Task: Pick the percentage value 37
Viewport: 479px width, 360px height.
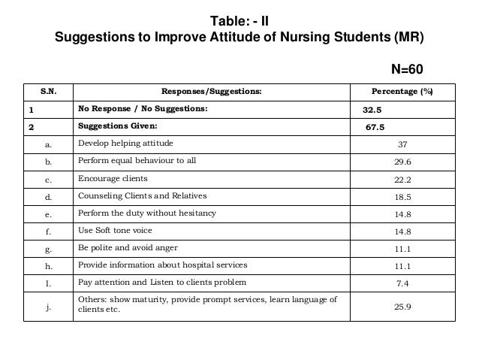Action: coord(402,145)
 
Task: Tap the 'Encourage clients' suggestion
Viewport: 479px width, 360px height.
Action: coord(113,179)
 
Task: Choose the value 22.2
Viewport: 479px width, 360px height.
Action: coord(402,180)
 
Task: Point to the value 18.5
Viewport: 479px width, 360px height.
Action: coord(402,197)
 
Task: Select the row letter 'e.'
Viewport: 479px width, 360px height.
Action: coord(49,214)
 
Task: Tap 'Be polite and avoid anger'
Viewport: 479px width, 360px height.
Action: coord(128,248)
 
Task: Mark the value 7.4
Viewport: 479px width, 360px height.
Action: coord(402,283)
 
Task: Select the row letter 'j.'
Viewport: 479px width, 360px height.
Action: coord(49,307)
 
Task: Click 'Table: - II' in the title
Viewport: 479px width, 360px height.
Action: coord(239,20)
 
